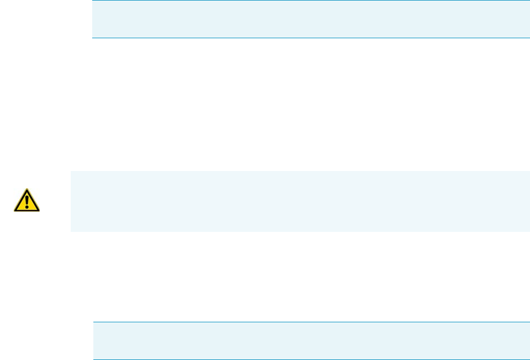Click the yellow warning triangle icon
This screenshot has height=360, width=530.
pos(26,201)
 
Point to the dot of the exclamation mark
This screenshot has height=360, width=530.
pos(26,206)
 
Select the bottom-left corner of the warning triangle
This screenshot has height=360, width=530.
pos(14,210)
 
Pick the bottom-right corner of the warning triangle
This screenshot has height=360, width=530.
pos(39,210)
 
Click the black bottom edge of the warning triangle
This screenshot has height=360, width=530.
pos(26,210)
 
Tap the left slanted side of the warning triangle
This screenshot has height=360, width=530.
pos(20,199)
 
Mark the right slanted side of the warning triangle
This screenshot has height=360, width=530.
pos(33,199)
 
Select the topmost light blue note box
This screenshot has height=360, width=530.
pos(311,19)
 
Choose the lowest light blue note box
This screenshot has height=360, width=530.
pos(311,341)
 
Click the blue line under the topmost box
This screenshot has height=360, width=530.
pos(311,38)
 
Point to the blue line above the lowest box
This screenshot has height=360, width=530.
pos(311,322)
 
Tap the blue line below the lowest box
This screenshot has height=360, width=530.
pos(311,359)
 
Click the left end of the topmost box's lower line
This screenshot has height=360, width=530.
pos(94,38)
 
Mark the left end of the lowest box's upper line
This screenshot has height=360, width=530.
pos(94,322)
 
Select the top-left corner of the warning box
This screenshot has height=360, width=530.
pos(71,172)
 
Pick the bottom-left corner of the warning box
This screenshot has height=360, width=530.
pos(71,231)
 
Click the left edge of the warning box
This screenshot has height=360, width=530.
pos(71,201)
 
